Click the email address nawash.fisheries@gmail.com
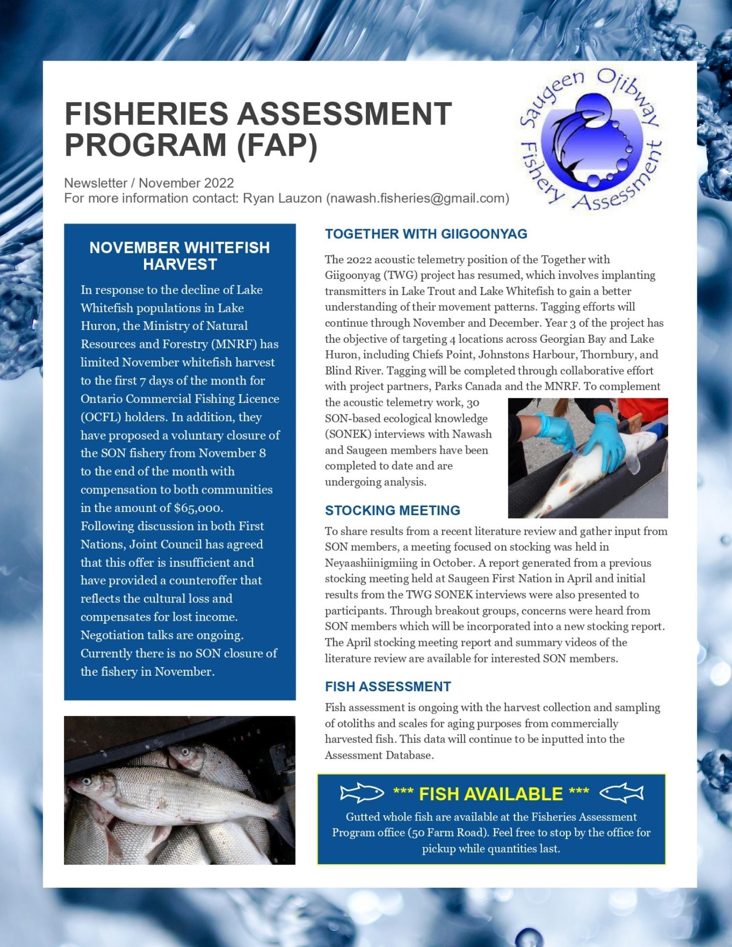point(417,198)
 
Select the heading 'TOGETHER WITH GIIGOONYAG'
point(426,234)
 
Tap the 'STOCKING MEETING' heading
point(392,510)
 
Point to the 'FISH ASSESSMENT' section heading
point(388,687)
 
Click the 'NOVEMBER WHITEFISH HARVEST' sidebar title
point(180,256)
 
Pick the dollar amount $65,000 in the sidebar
point(198,508)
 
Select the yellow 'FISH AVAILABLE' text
point(491,794)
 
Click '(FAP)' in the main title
point(277,144)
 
